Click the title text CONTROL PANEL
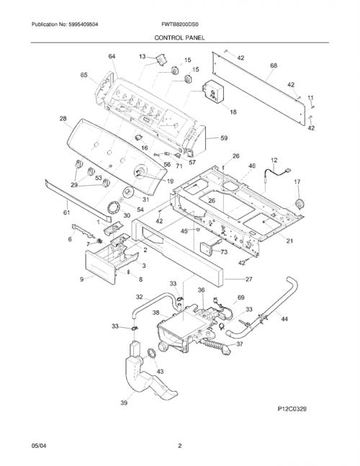click(179, 37)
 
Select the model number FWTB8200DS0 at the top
click(180, 24)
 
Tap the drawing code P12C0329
click(292, 409)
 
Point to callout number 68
click(274, 65)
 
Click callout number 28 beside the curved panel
click(63, 119)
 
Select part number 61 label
click(66, 212)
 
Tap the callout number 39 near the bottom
click(124, 403)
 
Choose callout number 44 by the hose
click(284, 319)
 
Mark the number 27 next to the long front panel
click(249, 279)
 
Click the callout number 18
click(233, 112)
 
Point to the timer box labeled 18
click(213, 92)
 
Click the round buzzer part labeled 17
click(299, 205)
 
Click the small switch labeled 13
click(161, 59)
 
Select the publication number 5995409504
click(84, 24)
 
